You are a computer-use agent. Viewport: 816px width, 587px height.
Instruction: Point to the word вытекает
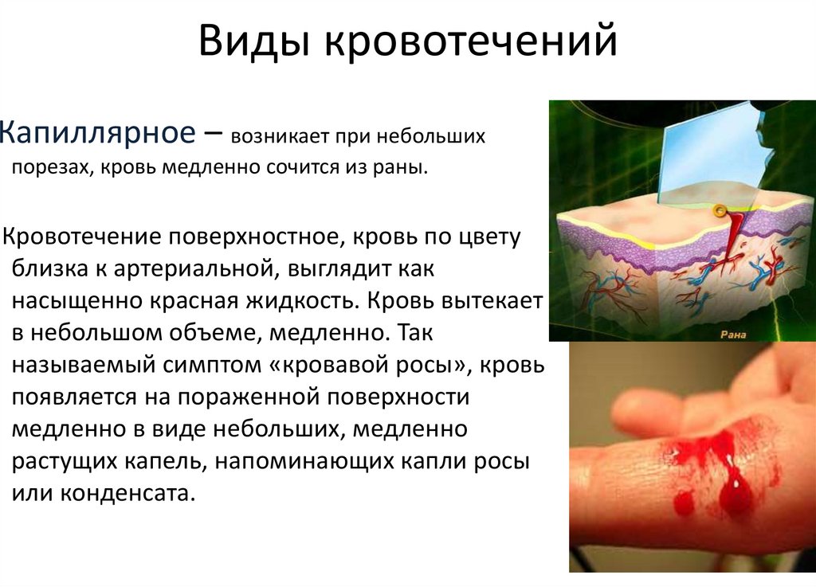point(491,302)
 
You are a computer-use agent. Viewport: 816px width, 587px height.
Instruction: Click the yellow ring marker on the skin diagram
point(720,211)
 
